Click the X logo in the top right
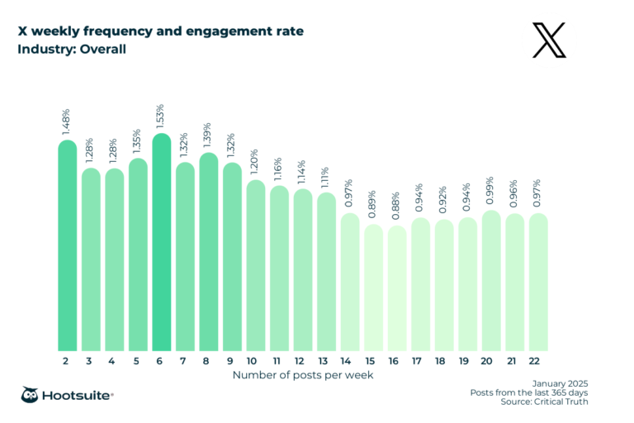click(550, 40)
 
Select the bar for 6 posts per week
click(162, 244)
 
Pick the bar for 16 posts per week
click(398, 289)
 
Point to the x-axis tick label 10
click(255, 361)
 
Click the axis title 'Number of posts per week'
click(303, 375)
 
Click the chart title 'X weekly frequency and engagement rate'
click(161, 31)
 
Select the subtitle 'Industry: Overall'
click(73, 49)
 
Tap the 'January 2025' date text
click(561, 383)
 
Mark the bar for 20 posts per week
click(491, 282)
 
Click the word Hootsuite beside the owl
click(81, 396)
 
